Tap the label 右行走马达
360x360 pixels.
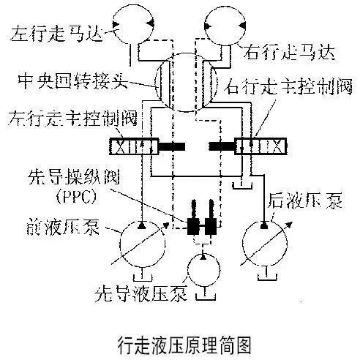290,52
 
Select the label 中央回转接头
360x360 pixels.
72,80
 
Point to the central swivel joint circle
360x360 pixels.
154,83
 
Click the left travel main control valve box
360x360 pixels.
134,146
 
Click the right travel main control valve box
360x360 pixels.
260,146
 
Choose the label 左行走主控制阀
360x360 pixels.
72,119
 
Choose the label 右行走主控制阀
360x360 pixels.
288,86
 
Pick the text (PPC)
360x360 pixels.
76,197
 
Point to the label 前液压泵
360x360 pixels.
63,226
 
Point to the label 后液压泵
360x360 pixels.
305,201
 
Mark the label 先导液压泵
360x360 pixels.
141,293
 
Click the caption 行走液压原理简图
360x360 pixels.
184,345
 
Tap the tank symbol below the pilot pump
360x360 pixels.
206,299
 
